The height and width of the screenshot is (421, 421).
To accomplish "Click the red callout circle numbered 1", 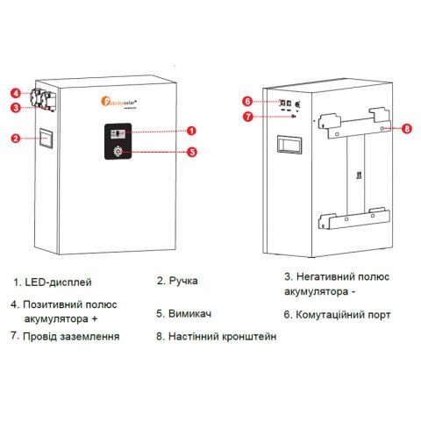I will click(192, 131).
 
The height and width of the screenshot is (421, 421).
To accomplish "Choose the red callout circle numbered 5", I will click(192, 151).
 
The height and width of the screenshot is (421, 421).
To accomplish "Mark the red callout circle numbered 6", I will click(247, 100).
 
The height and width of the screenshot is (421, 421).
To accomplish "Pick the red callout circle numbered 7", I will click(247, 116).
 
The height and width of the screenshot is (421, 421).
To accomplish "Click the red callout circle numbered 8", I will click(405, 127).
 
